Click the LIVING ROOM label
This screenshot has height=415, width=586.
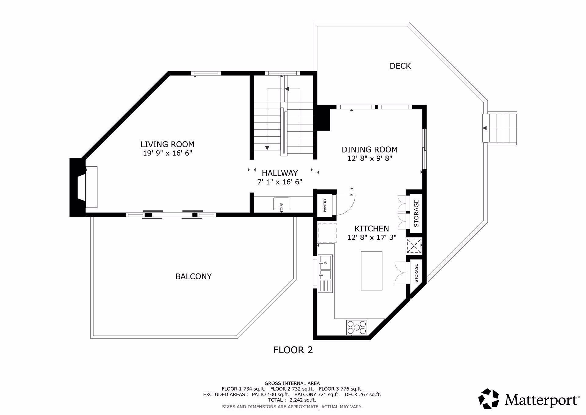tap(167, 144)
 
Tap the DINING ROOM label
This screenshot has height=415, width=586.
tap(369, 149)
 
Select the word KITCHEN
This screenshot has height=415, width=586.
tap(371, 229)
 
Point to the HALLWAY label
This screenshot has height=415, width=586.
tap(280, 173)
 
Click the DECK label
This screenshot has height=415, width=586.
tap(400, 66)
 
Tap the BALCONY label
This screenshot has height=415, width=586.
tap(193, 277)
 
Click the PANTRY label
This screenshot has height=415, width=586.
tap(325, 205)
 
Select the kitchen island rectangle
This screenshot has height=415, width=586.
tap(371, 271)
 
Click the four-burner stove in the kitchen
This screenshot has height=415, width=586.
tap(356, 327)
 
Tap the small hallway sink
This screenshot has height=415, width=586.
tap(281, 204)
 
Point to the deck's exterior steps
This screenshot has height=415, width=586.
tap(500, 127)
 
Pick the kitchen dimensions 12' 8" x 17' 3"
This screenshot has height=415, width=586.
tap(371, 237)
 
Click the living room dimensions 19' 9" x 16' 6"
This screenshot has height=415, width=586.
tap(167, 153)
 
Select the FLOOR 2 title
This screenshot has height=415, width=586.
tap(293, 350)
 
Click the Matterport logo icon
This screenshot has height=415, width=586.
tap(489, 398)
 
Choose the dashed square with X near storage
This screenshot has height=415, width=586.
tap(414, 246)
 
